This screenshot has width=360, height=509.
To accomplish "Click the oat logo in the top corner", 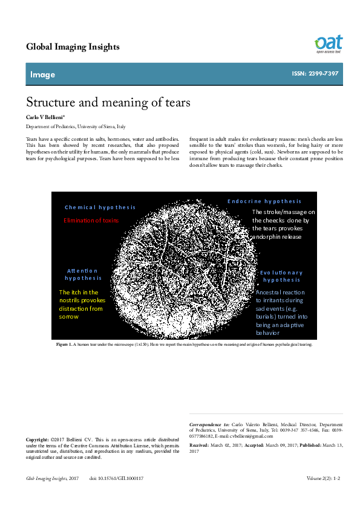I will tap(328, 44).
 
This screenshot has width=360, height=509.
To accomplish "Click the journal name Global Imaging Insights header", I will tap(73, 47).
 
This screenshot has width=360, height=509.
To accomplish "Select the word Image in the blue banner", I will tap(42, 74).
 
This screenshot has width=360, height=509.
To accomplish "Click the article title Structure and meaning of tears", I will tap(108, 102).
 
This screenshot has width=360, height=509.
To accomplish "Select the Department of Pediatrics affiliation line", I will tap(76, 127).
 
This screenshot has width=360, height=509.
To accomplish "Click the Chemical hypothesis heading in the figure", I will tap(100, 207).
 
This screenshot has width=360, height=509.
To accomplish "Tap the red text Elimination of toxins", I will tap(91, 220).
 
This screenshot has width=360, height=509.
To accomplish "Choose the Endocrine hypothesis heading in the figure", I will tap(264, 201).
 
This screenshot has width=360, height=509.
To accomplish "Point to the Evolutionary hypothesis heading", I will tap(281, 276).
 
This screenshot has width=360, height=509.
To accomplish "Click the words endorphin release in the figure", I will tap(277, 236).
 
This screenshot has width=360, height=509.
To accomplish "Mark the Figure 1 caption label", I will tap(64, 344).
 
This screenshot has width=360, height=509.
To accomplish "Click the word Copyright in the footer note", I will tap(38, 439).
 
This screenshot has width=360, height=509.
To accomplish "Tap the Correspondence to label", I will tap(209, 424).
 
